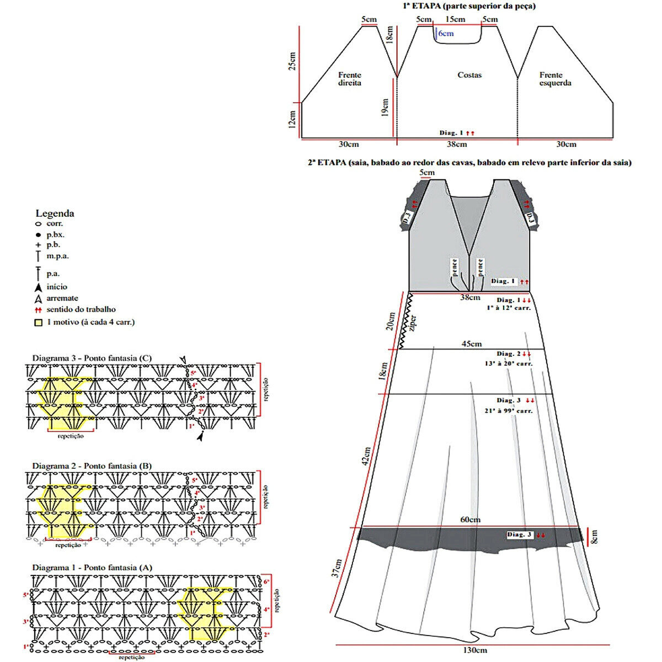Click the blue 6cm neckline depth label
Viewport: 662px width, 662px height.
tap(446, 34)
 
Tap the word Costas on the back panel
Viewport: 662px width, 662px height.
tap(469, 75)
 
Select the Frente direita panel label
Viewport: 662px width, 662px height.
tap(350, 79)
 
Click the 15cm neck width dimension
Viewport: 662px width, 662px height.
tap(455, 20)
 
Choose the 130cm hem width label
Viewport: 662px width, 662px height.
tap(475, 650)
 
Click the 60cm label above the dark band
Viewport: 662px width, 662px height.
tap(471, 520)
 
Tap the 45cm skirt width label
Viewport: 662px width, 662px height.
tap(471, 344)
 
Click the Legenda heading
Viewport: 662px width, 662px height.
tap(55, 213)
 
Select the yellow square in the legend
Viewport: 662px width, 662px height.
tap(38, 322)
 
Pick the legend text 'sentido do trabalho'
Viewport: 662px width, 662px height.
tap(81, 309)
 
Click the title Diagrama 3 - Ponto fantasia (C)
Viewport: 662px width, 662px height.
tap(92, 358)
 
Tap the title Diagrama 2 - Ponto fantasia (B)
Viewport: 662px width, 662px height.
tap(92, 466)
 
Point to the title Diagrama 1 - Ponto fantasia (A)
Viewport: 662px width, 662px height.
tap(92, 567)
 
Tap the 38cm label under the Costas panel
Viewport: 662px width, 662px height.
tap(456, 145)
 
